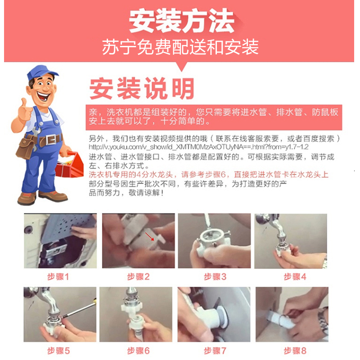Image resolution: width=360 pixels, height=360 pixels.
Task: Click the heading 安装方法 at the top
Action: [x=181, y=20]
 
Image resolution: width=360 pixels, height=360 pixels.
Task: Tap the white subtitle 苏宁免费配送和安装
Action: [x=180, y=46]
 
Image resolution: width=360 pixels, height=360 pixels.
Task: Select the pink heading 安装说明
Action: [x=142, y=88]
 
